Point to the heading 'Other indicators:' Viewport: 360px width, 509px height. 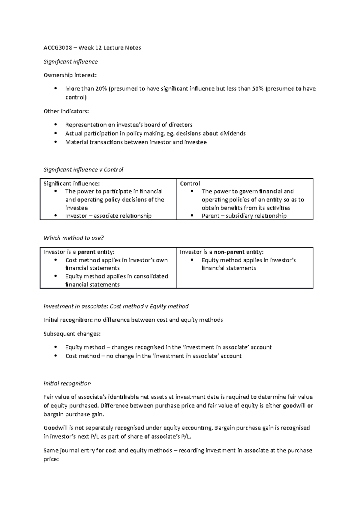[x=66, y=111]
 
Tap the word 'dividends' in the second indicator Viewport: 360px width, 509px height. [x=233, y=133]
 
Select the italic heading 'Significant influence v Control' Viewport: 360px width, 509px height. [x=83, y=170]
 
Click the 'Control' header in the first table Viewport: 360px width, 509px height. [x=190, y=183]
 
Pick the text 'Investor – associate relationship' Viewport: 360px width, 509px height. [x=108, y=216]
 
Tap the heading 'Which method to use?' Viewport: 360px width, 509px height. [x=73, y=238]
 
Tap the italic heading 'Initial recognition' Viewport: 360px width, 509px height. [x=67, y=383]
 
